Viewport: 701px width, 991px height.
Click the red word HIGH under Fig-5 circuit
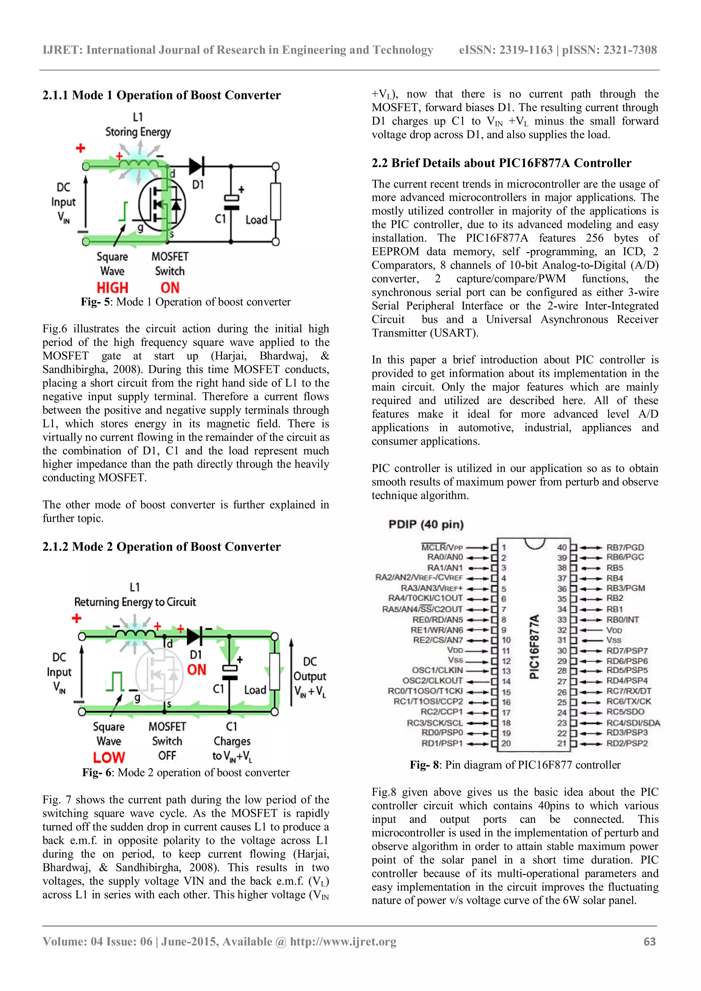[112, 287]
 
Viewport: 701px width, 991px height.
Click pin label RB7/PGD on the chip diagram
[625, 547]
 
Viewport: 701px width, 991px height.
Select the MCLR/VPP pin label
[442, 547]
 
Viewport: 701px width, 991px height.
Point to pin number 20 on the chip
[506, 743]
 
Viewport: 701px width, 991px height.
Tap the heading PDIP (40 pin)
[426, 525]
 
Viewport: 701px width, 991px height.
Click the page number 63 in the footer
[649, 942]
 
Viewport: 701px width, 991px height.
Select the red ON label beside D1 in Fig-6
[196, 670]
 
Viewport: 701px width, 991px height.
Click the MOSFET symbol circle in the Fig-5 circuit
[162, 204]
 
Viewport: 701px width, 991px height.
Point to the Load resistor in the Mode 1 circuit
[276, 202]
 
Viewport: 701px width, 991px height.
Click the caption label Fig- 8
[424, 765]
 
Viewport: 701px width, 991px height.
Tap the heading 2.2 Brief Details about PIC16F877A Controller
[501, 163]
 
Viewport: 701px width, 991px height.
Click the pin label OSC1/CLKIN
[437, 670]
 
